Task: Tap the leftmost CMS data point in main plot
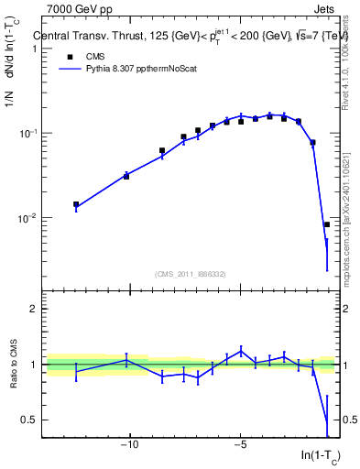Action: point(76,205)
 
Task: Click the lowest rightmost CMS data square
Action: point(327,224)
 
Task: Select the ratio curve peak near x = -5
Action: point(241,351)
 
